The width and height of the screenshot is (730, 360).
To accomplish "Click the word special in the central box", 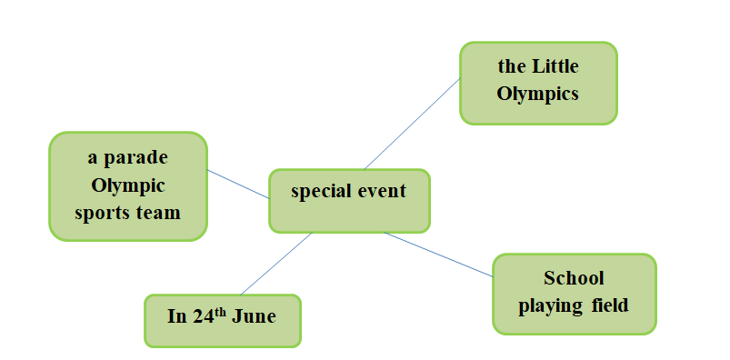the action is [x=320, y=192].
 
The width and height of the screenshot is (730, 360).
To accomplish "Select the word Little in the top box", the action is [x=555, y=66].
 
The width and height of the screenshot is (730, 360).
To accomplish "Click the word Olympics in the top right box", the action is [x=538, y=94].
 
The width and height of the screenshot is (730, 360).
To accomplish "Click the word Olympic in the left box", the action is [x=127, y=185].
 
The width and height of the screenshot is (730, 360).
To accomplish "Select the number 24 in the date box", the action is [x=203, y=317].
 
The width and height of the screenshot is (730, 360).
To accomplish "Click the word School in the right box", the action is [x=574, y=278].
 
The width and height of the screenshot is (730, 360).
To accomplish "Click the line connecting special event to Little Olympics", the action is [x=412, y=124].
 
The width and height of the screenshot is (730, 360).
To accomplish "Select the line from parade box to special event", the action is [x=238, y=185].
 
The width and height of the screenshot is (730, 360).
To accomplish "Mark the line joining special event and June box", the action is [x=276, y=263].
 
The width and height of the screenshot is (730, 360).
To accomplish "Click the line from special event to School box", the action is [x=438, y=254].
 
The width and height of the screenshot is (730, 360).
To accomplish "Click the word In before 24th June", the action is [x=176, y=317].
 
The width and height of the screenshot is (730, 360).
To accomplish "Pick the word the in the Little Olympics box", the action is [x=513, y=66].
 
